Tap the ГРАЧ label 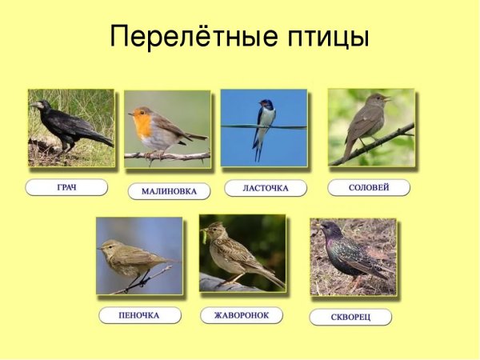pos(66,187)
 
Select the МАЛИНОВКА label pos(169,191)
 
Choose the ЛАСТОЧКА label pos(266,188)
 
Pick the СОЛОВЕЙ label pos(369,187)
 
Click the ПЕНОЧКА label pos(140,315)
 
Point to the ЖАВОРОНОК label pos(242,315)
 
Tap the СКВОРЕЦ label pos(350,317)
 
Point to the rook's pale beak pos(34,104)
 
